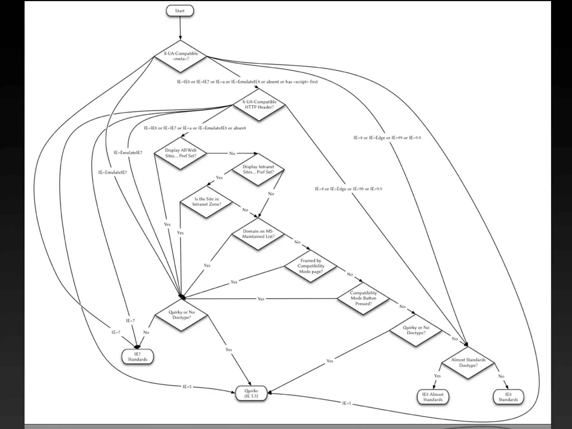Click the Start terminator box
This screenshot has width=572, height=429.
pos(180,11)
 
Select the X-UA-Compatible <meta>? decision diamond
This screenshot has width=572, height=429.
pos(180,56)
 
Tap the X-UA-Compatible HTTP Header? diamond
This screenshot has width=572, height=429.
pos(259,104)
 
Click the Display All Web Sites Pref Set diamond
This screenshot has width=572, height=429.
pos(180,153)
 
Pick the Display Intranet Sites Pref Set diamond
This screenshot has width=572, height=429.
pos(258,170)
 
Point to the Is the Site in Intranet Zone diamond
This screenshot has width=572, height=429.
pos(206,202)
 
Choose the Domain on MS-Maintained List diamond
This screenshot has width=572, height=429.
pos(258,234)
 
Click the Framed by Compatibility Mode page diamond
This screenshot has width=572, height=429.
pos(311,266)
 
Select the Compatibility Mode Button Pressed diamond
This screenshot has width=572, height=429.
pos(363,298)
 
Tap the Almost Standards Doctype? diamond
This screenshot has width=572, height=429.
pos(468,363)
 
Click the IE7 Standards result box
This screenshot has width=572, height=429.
pos(137,357)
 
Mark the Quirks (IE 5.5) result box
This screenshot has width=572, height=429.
pos(251,393)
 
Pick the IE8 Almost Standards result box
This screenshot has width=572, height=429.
pos(433,397)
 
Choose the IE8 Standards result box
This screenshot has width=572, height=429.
pos(508,397)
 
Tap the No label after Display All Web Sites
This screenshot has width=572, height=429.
pos(232,153)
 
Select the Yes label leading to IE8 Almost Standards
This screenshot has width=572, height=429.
pos(437,376)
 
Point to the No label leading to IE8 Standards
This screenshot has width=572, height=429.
pos(501,376)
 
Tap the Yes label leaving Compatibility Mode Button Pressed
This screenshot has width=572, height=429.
pos(261,299)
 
